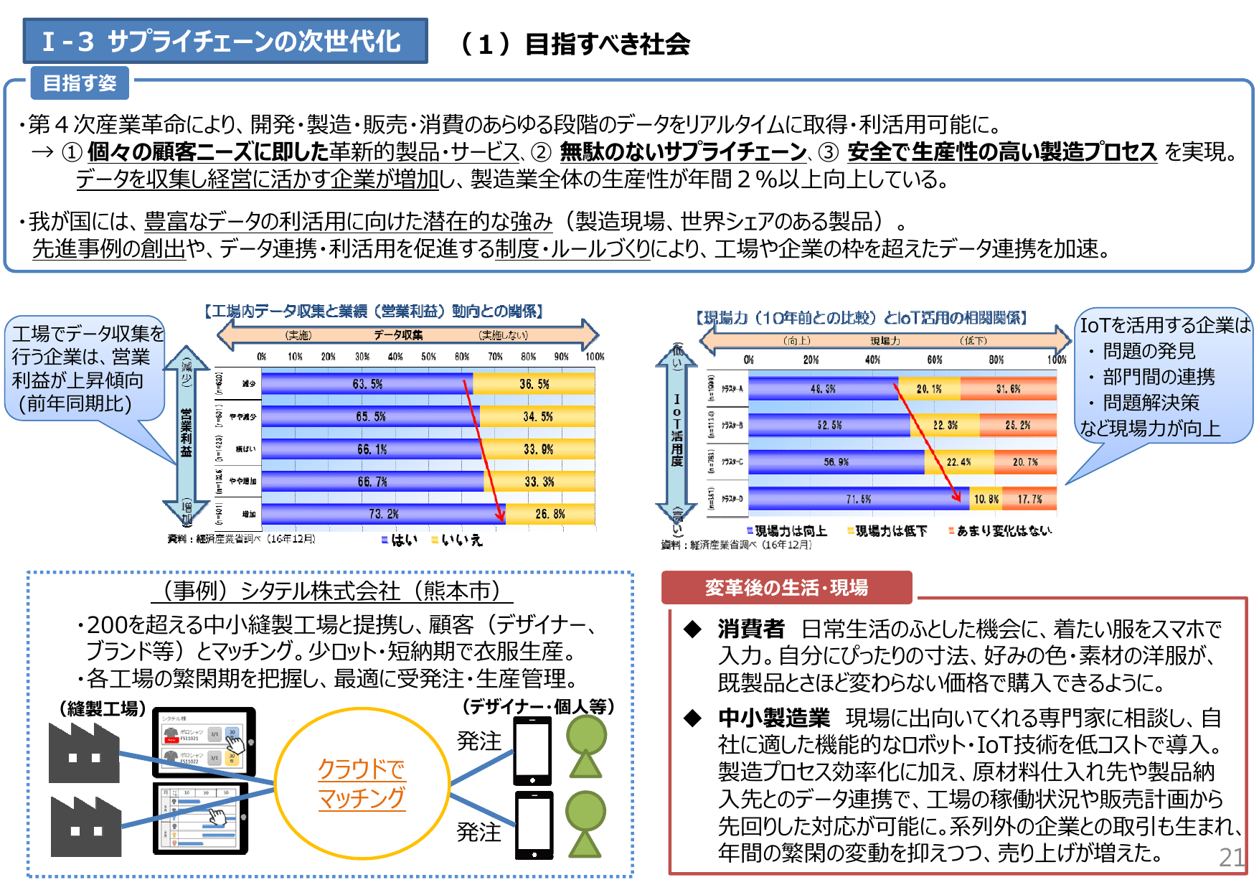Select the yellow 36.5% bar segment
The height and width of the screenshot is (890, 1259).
click(x=534, y=384)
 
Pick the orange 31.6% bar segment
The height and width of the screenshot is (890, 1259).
click(x=1008, y=389)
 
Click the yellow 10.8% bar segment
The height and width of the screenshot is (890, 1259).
click(x=986, y=499)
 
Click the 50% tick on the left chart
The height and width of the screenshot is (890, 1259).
click(x=428, y=357)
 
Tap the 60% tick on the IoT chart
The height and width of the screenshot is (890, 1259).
click(x=934, y=360)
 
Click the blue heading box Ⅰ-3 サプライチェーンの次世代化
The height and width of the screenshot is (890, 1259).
click(x=225, y=42)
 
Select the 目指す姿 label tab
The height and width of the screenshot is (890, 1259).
click(x=80, y=83)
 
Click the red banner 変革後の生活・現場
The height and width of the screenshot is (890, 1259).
click(x=786, y=588)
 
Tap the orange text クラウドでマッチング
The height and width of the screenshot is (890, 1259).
click(x=362, y=784)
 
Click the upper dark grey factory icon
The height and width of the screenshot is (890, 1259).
click(x=84, y=753)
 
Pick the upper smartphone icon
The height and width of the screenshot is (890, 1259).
click(x=532, y=751)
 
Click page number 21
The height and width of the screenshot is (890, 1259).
click(x=1232, y=857)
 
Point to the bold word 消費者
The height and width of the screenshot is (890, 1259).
click(x=750, y=629)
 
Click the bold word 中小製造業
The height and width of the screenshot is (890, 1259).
click(x=773, y=718)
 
